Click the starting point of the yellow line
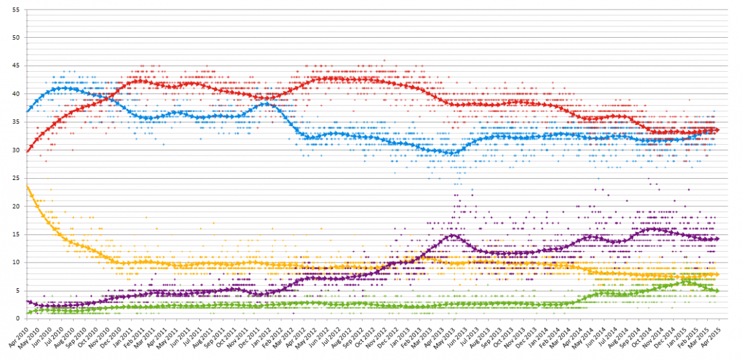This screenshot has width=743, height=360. pos(27,186)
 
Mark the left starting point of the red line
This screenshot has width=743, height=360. pos(27,151)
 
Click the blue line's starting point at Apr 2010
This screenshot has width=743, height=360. pos(27,111)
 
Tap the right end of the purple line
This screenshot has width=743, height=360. pos(717,238)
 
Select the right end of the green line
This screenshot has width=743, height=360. pos(717,291)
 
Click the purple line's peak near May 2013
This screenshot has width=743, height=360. pos(453,235)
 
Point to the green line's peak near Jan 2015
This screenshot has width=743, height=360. pos(686,280)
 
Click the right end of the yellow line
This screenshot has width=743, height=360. pos(717,274)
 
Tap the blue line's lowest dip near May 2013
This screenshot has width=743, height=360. pos(452,153)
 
